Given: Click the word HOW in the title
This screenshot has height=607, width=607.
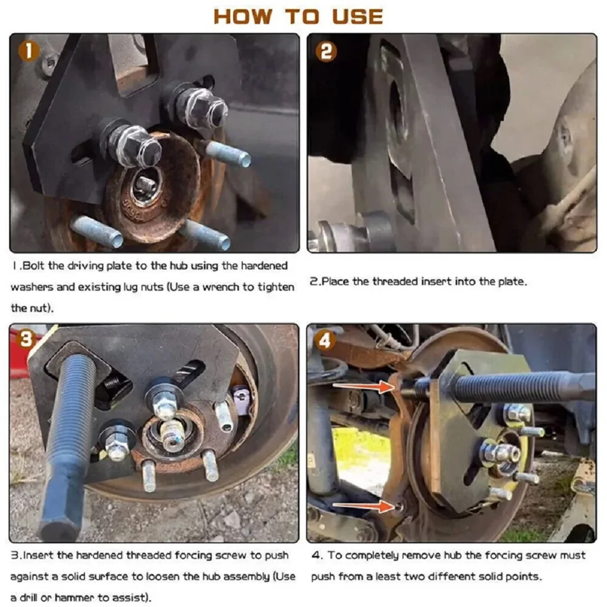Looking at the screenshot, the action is pos(243,17).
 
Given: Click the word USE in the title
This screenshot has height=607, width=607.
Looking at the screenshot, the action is pos(358,17).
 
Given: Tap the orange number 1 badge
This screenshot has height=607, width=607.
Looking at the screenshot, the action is pos(29,51).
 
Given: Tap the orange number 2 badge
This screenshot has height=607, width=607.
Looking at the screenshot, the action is pos(326,52).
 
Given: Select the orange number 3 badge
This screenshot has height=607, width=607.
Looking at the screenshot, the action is pos(26,339).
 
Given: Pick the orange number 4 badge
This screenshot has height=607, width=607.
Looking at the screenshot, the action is pos(324,341).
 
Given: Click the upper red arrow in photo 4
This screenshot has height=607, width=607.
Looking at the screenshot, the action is pos(364,386).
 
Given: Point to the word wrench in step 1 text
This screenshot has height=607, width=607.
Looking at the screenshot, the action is pos(220,287).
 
